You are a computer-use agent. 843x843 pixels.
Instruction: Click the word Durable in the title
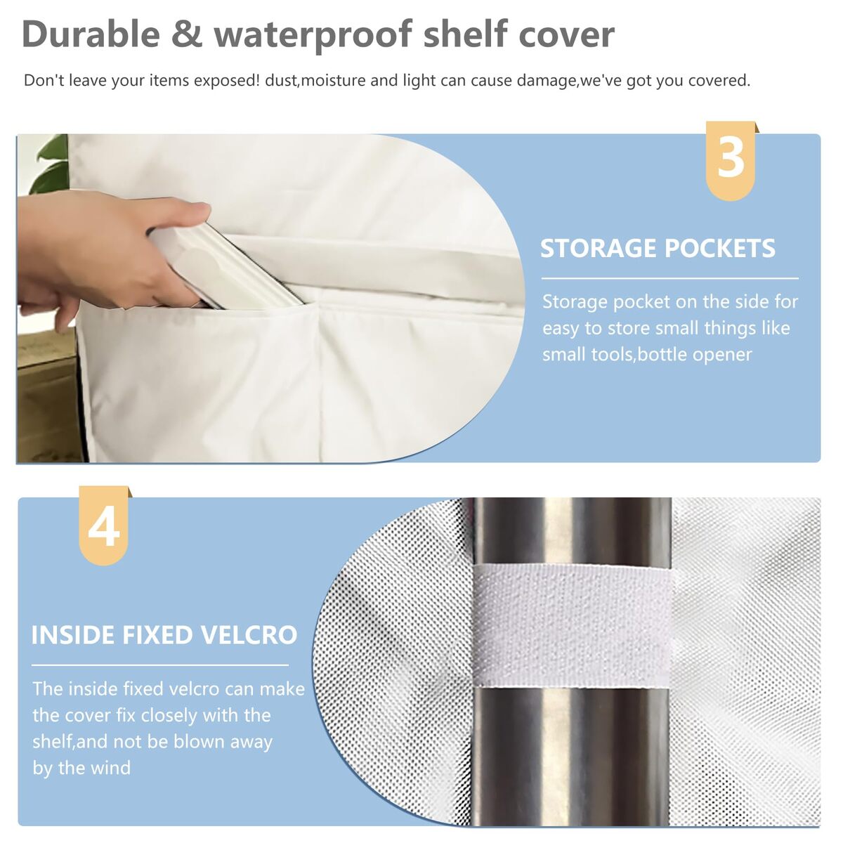[91, 34]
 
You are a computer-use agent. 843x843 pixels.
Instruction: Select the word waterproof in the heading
[313, 36]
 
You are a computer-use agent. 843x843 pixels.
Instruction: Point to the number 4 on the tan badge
[104, 526]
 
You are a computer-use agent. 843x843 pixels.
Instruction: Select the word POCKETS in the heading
[720, 249]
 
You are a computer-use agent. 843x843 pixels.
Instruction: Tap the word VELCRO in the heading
[247, 635]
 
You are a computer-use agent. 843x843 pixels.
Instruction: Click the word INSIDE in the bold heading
[72, 635]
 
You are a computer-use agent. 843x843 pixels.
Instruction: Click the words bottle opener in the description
[695, 354]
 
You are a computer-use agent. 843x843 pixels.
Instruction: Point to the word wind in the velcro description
[112, 768]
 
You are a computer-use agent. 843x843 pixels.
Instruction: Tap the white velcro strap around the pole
[573, 626]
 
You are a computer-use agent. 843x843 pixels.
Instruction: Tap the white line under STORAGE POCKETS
[669, 277]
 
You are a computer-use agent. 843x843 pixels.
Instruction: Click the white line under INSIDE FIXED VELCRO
[160, 665]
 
